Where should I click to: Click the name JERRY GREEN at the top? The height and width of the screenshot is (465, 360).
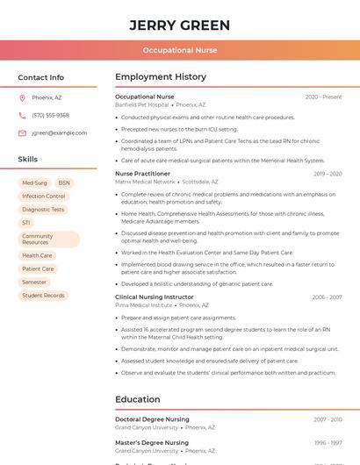tap(180, 25)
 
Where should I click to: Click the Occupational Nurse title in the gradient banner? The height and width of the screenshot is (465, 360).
tap(180, 50)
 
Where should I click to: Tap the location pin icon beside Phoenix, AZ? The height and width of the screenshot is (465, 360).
tap(22, 97)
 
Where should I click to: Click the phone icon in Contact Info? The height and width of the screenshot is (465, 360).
tap(22, 115)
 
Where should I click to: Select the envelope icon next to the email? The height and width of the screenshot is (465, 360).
tap(22, 132)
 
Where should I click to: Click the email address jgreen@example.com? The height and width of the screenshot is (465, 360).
tap(59, 132)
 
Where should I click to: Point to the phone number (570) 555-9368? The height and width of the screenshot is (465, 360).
tap(50, 115)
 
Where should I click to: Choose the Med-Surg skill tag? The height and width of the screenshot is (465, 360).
tap(35, 183)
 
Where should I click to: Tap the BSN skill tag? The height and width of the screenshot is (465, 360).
tap(64, 183)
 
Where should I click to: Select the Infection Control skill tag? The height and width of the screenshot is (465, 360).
tap(44, 197)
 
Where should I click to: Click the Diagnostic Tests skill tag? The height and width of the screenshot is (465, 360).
tap(43, 210)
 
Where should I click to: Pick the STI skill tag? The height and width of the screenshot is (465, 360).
tap(26, 223)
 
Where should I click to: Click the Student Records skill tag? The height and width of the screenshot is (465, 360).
tap(43, 296)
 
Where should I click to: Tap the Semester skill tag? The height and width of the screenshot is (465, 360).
tap(34, 283)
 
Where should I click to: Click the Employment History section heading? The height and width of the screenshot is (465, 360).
tap(161, 77)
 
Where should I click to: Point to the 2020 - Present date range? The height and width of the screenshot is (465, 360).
tap(323, 97)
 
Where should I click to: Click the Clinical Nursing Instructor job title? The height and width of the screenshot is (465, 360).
tap(155, 297)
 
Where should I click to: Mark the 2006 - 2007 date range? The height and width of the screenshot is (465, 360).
tap(327, 297)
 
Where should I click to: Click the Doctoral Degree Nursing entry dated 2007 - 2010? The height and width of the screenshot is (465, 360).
tap(152, 419)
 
